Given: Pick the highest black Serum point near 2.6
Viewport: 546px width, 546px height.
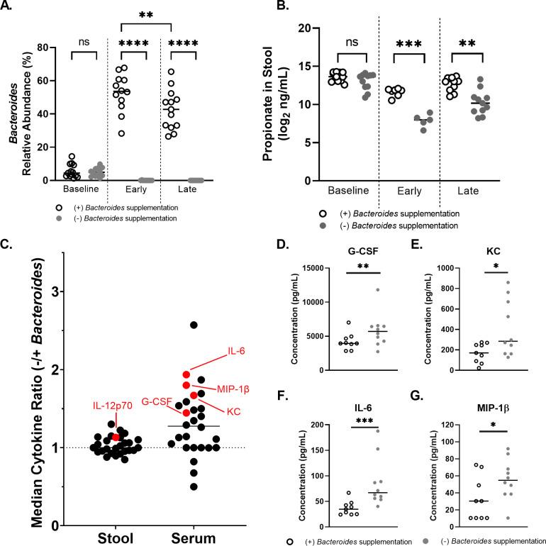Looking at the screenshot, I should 194,325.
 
